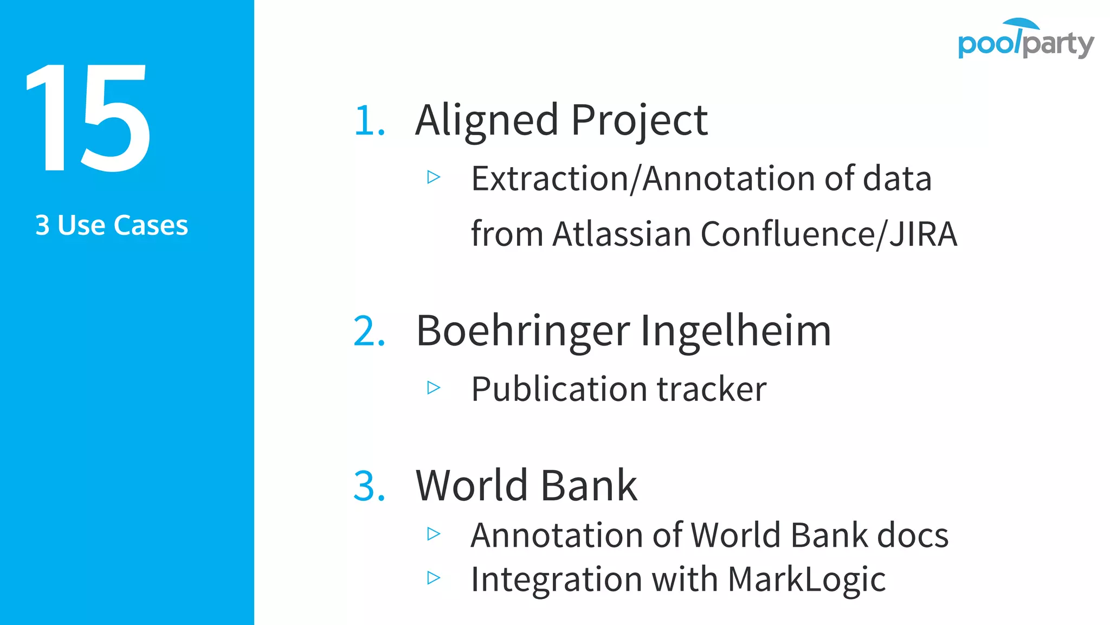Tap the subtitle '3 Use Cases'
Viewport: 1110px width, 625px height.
112,225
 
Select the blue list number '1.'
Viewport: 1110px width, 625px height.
370,120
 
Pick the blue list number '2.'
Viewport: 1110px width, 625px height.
370,331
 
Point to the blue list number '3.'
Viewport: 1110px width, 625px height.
370,486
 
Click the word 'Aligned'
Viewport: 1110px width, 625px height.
486,120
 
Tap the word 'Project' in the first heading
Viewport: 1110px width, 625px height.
639,120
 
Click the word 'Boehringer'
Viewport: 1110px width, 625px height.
522,331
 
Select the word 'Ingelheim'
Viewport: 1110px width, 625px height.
735,331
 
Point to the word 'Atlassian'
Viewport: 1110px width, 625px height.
621,234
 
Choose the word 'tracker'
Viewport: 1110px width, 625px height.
712,389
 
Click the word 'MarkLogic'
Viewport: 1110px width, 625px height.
806,579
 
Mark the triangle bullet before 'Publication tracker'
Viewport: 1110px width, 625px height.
434,387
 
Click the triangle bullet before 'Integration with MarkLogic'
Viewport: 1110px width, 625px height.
434,578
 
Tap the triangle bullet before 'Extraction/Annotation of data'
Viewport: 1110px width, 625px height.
434,177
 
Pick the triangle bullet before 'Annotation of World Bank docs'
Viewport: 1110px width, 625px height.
434,534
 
